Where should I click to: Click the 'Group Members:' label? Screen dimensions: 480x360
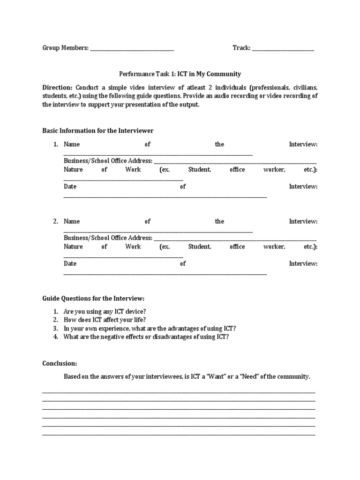tap(65, 48)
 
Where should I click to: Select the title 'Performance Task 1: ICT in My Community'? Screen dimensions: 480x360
tap(180, 74)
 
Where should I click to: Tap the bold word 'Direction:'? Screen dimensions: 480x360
tap(58, 88)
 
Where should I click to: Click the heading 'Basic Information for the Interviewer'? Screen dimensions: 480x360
tap(98, 130)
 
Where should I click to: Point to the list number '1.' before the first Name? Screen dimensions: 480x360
tap(55, 144)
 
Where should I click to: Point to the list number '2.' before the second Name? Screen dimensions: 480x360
tap(55, 221)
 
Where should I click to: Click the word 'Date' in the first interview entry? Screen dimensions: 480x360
tap(70, 186)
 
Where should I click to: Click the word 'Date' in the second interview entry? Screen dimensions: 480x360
tap(70, 263)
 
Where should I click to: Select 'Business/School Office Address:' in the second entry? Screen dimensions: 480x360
tap(108, 238)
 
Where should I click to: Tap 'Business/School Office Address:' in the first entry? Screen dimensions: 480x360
tap(108, 161)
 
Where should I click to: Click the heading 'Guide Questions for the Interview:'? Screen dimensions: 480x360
tap(94, 298)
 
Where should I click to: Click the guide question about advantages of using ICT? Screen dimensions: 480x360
tap(150, 328)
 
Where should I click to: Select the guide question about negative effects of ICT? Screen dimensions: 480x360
tap(146, 337)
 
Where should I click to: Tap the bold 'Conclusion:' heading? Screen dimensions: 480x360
tap(60, 363)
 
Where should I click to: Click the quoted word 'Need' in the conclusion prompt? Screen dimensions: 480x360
tap(250, 376)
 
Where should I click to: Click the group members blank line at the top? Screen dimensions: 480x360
tap(132, 49)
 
